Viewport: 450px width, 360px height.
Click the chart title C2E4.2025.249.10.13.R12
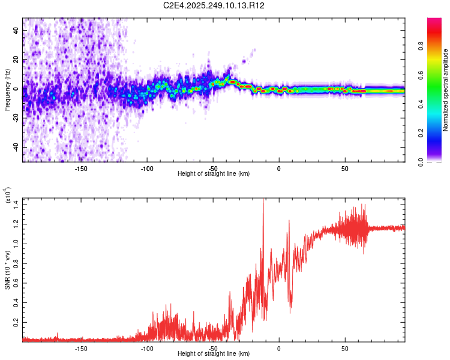[214, 5]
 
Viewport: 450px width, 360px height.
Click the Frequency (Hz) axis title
[7, 90]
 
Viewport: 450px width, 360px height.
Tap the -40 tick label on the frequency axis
[14, 147]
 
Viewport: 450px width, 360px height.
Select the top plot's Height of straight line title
[214, 173]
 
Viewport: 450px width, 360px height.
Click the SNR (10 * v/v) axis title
[7, 270]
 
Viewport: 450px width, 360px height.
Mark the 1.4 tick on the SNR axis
[16, 205]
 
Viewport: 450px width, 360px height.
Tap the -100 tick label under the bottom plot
[147, 347]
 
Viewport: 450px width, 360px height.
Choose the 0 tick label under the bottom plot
[279, 347]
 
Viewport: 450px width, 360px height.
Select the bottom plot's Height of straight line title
[214, 354]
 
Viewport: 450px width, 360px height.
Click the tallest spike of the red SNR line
[263, 200]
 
